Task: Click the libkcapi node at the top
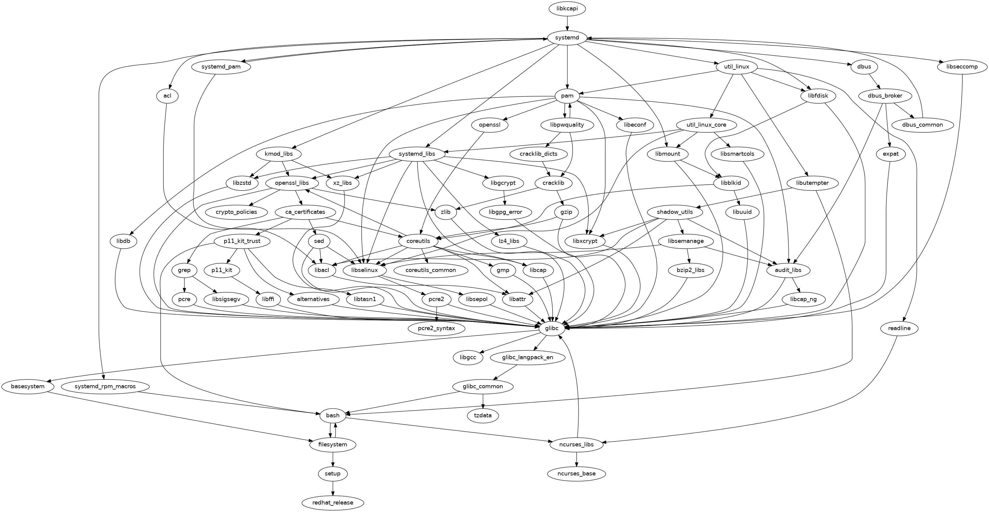point(567,8)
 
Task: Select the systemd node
point(567,38)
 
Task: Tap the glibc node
point(552,329)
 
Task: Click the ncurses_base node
point(576,474)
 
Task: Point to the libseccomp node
point(962,67)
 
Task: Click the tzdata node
point(483,416)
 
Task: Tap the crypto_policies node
point(236,212)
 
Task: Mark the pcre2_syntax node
point(436,329)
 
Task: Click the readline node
point(899,329)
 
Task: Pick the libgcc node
point(468,357)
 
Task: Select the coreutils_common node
point(430,270)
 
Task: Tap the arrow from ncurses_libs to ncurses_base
point(576,459)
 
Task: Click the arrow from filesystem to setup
point(333,459)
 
